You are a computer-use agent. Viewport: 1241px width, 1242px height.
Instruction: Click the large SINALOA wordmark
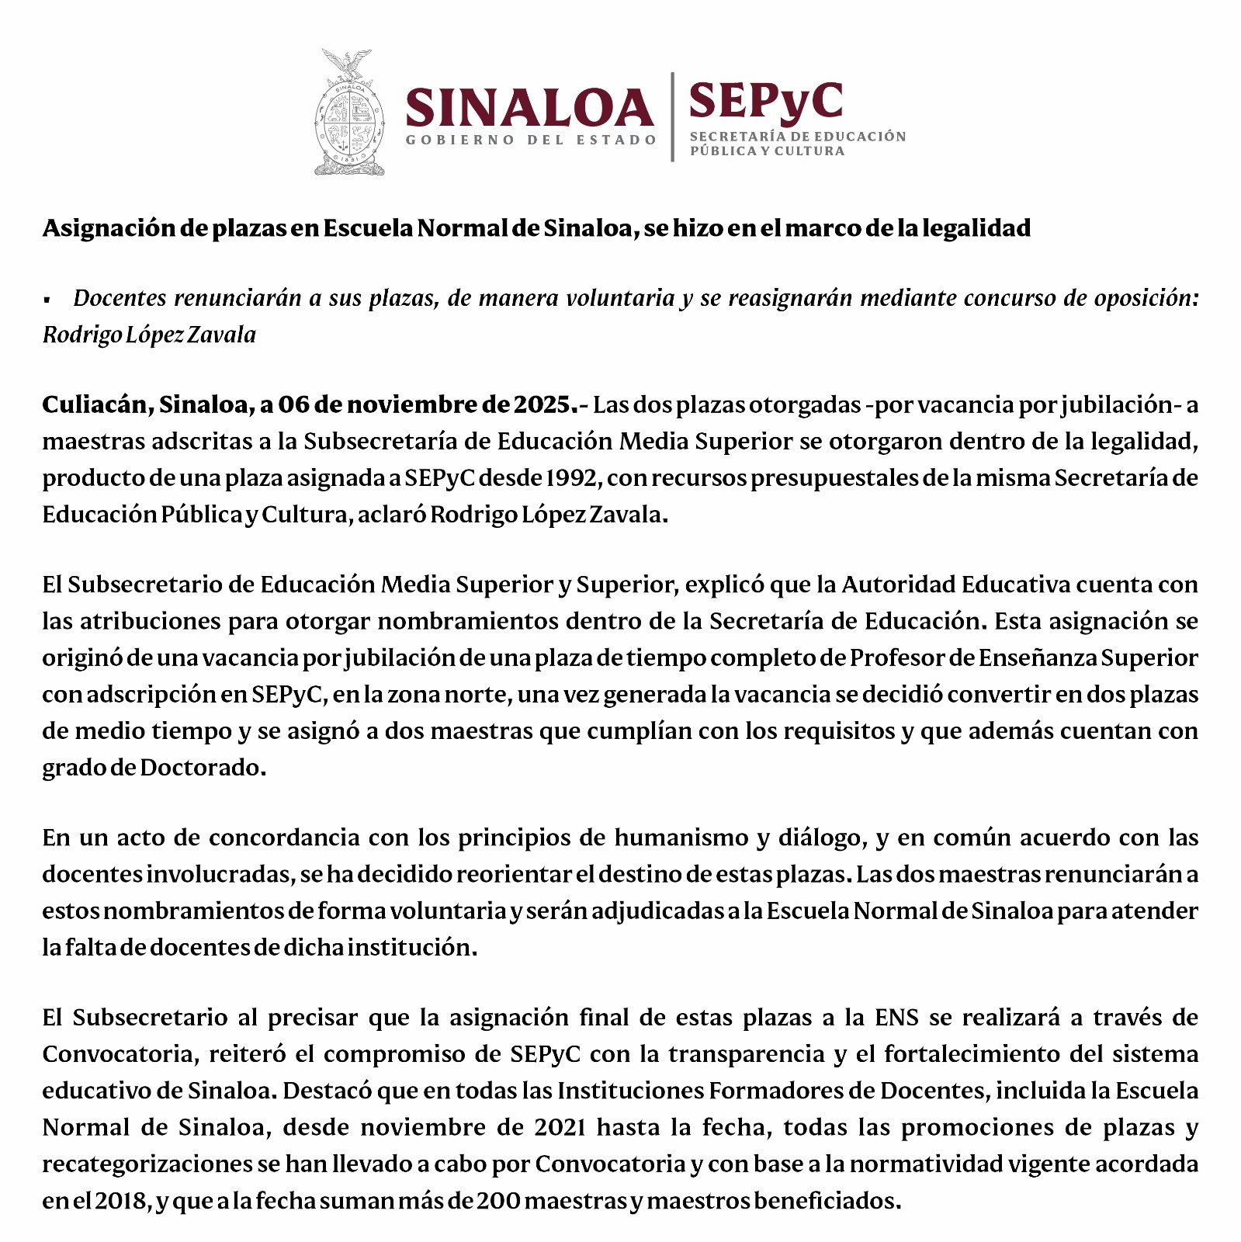(x=529, y=108)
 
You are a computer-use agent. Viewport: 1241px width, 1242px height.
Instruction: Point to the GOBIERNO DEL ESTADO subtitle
(x=531, y=141)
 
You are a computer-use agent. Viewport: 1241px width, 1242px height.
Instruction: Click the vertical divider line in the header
(x=673, y=116)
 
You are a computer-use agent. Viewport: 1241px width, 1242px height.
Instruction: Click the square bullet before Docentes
(x=47, y=300)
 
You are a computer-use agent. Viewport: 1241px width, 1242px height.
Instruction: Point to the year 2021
(x=559, y=1127)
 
